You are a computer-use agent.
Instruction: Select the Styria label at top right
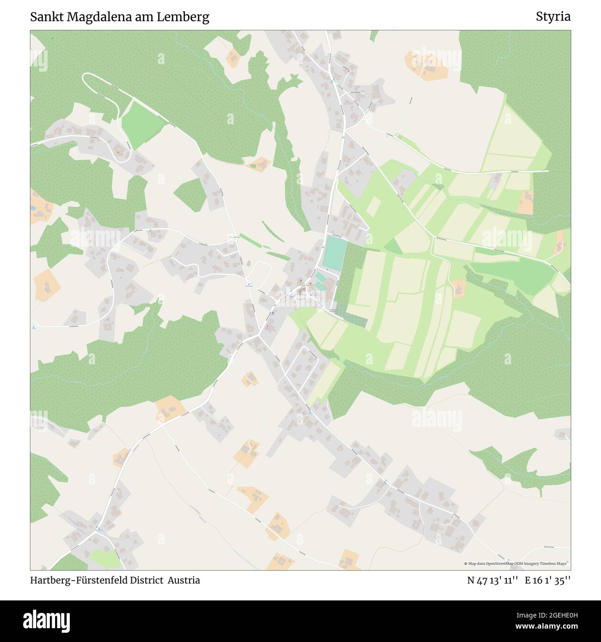pos(553,17)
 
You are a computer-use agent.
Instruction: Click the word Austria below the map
pos(184,580)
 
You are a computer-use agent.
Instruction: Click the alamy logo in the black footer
pos(46,621)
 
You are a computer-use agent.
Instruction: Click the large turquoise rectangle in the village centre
pos(334,252)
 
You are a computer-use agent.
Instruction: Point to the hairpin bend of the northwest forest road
pos(86,78)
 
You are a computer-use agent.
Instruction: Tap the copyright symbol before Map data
pos(466,563)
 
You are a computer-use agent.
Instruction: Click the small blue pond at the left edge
pos(32,209)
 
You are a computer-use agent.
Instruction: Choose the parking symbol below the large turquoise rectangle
pos(327,269)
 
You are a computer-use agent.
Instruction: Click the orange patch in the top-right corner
pos(426,65)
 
